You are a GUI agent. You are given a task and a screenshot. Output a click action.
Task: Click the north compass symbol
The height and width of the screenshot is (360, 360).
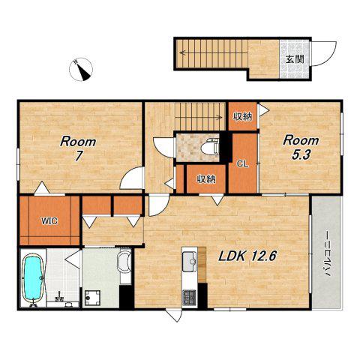tap(81, 69)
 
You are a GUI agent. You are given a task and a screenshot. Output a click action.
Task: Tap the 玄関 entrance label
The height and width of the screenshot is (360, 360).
tap(295, 59)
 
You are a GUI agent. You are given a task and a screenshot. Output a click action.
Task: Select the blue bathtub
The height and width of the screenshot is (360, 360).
tap(33, 278)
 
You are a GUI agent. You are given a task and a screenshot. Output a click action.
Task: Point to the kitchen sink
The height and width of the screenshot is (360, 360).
tap(189, 262)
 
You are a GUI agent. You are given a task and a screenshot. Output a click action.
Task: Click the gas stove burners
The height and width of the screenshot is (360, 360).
tap(189, 297)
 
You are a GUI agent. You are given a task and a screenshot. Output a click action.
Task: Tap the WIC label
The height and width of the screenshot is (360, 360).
tap(49, 221)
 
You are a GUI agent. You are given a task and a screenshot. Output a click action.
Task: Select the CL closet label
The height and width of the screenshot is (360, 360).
tap(242, 164)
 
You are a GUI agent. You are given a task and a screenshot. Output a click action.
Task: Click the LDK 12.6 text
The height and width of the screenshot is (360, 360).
tap(247, 256)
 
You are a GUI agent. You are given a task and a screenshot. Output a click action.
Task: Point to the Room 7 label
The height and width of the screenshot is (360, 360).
tap(78, 148)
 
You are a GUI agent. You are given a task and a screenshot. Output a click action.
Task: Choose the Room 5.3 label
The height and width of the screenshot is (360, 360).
tap(301, 148)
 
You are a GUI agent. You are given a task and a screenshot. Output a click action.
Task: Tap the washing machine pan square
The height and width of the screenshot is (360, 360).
tap(92, 298)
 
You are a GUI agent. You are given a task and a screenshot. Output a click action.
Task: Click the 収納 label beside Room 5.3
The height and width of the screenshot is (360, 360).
tap(242, 116)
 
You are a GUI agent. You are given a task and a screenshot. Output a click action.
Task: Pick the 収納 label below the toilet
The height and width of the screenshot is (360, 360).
tap(206, 179)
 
